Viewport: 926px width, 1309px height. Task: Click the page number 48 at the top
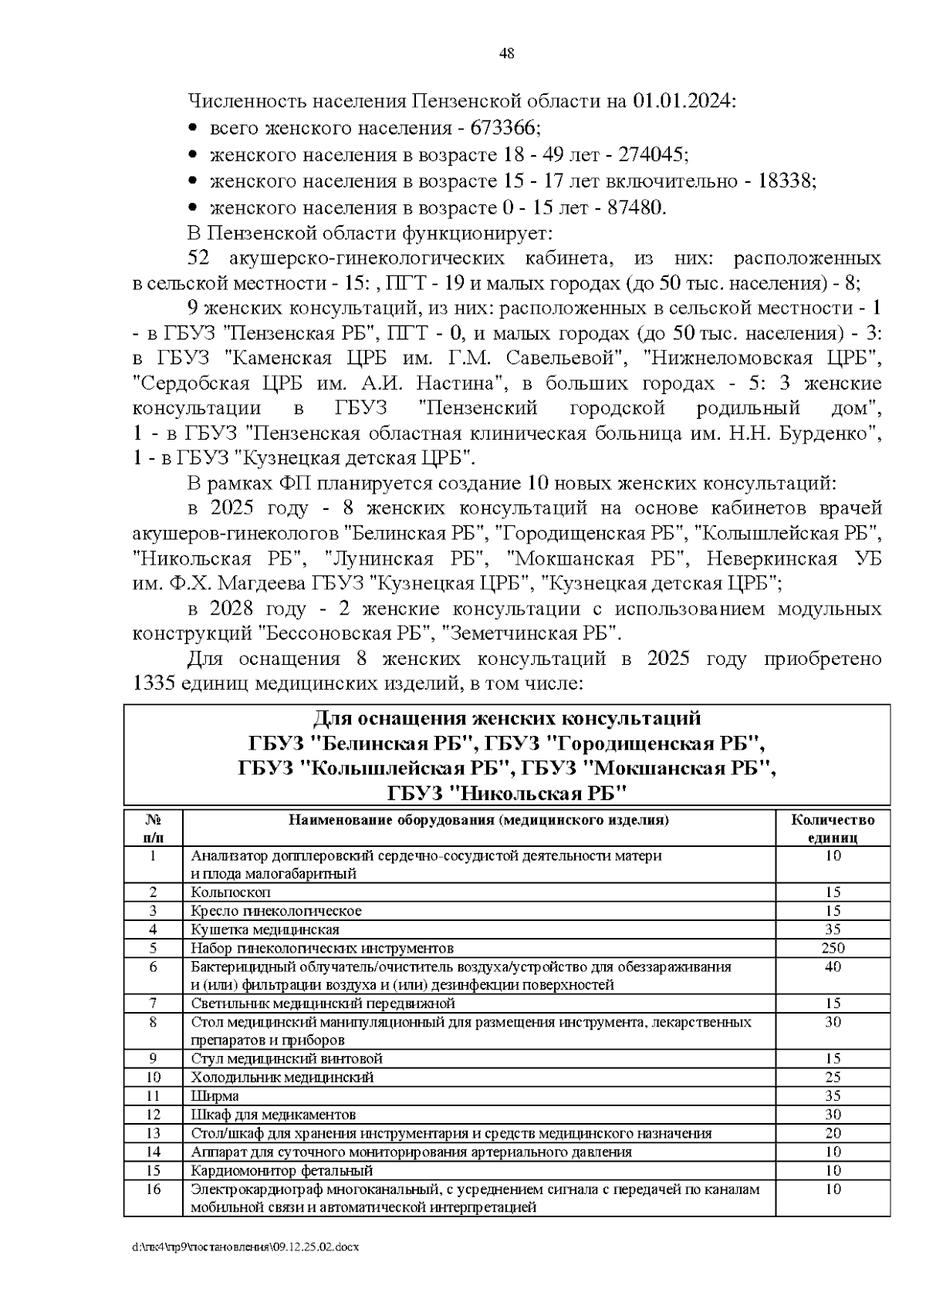(507, 54)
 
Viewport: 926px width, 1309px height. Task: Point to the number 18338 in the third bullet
(786, 180)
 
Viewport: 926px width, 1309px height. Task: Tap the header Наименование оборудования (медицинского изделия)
(478, 820)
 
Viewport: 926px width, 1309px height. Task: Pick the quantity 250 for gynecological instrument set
(833, 948)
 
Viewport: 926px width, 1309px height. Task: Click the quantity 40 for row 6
(833, 967)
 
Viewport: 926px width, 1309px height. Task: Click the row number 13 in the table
(153, 1133)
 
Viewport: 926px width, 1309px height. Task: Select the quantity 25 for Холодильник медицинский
(833, 1078)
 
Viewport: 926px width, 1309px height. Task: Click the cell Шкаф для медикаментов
(273, 1115)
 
